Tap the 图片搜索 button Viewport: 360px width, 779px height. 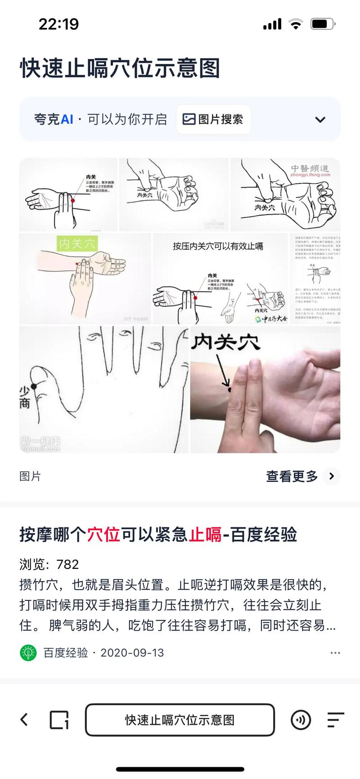tap(213, 119)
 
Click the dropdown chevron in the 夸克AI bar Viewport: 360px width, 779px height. tap(320, 120)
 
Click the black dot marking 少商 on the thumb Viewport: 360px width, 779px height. tap(34, 387)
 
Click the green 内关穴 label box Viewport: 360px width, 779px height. tap(77, 244)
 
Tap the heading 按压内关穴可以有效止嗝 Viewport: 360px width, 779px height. tap(218, 246)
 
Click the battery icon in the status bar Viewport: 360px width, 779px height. tap(322, 24)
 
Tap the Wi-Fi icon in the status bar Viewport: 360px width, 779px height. tap(296, 24)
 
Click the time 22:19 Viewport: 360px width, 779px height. tap(58, 24)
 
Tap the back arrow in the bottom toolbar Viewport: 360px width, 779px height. tap(24, 720)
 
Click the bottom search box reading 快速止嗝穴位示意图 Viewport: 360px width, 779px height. tap(180, 720)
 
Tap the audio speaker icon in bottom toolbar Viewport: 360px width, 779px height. tap(301, 720)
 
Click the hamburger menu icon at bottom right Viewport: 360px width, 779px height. tap(335, 720)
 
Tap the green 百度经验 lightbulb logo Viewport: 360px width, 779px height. tap(28, 653)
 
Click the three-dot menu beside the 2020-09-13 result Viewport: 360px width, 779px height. tap(335, 653)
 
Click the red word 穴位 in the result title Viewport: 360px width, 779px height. tap(103, 535)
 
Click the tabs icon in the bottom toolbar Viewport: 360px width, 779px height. tap(59, 720)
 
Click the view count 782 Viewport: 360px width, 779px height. tap(67, 564)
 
